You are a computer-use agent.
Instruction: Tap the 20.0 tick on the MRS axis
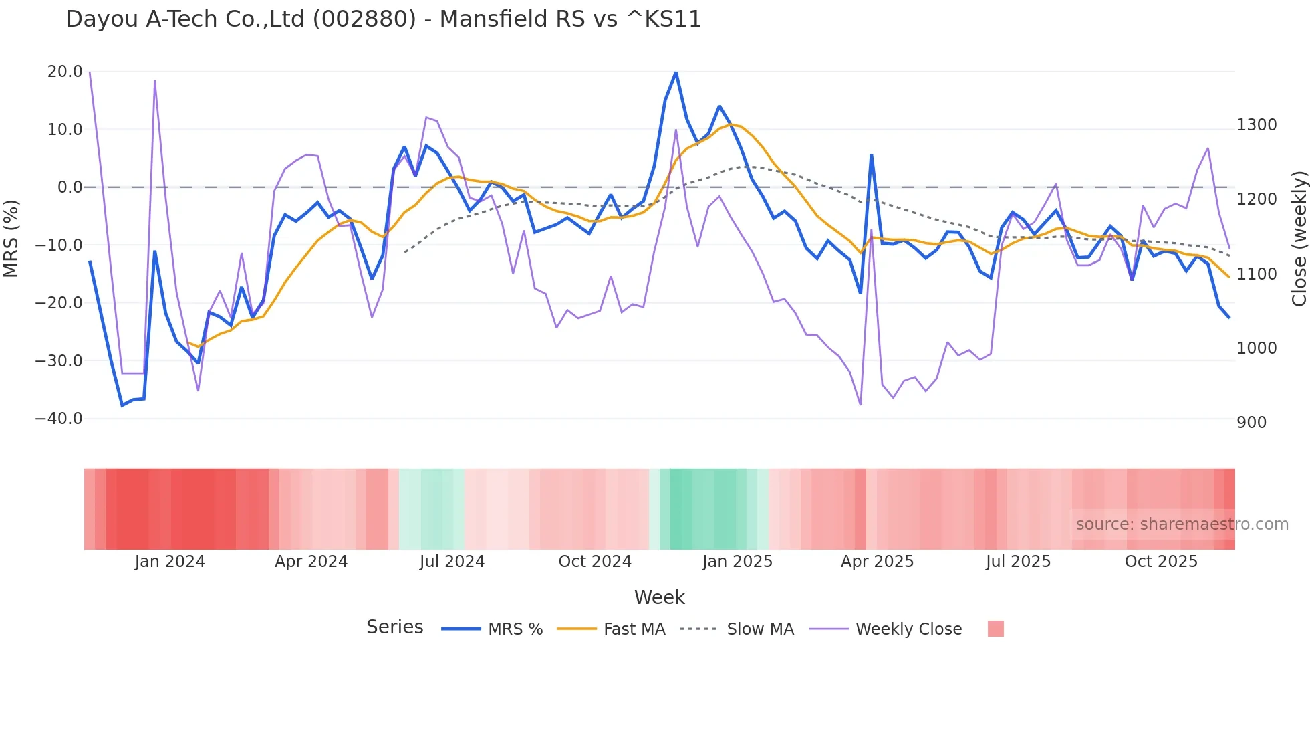pyautogui.click(x=65, y=72)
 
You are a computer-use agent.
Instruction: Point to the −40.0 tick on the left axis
pyautogui.click(x=59, y=419)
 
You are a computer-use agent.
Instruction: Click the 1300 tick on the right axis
pyautogui.click(x=1257, y=125)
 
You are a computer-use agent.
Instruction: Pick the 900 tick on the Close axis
pyautogui.click(x=1251, y=423)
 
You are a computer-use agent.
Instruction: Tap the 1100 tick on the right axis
pyautogui.click(x=1257, y=274)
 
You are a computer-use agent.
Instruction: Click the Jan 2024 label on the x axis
pyautogui.click(x=170, y=562)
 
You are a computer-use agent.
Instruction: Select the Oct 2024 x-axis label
pyautogui.click(x=595, y=562)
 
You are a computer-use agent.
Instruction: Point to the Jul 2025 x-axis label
pyautogui.click(x=1018, y=562)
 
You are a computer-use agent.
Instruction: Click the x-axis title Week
pyautogui.click(x=659, y=597)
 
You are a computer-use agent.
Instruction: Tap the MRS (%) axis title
pyautogui.click(x=11, y=238)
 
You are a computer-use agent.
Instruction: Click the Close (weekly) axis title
pyautogui.click(x=1299, y=239)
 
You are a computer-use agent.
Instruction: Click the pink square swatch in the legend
pyautogui.click(x=995, y=629)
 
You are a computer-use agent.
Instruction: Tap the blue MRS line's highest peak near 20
pyautogui.click(x=676, y=72)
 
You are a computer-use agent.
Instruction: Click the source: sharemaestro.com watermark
pyautogui.click(x=1182, y=524)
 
